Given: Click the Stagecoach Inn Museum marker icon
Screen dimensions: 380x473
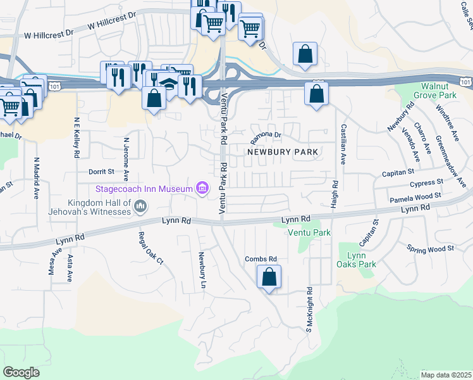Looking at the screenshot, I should [202, 188].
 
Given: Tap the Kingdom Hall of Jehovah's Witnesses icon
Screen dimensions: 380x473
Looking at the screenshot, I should [140, 205].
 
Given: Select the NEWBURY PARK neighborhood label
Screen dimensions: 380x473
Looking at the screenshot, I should [282, 152].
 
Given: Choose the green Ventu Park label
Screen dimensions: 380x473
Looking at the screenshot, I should [309, 233].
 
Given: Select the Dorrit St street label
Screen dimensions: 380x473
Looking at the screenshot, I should [101, 172].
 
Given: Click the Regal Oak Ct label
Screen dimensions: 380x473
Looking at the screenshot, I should [150, 248].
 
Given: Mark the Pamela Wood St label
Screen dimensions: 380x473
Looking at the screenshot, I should [415, 198].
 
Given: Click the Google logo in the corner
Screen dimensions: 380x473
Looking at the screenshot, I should [21, 372].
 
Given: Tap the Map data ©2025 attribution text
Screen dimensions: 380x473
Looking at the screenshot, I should [446, 375].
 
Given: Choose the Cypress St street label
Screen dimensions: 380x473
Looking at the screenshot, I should [426, 184].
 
